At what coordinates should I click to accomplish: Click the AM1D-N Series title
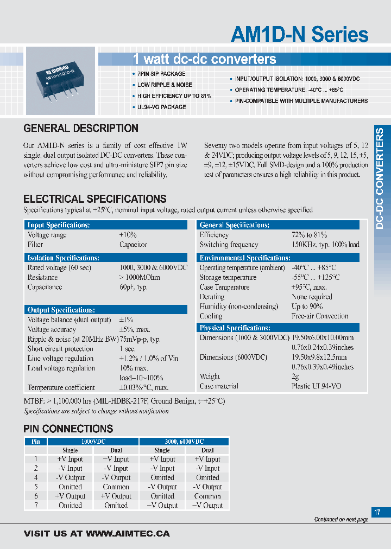click(299, 35)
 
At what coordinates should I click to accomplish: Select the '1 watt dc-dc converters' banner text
click(204, 59)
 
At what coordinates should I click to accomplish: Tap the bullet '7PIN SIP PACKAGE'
click(161, 74)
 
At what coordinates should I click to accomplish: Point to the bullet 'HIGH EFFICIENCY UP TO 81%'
click(174, 96)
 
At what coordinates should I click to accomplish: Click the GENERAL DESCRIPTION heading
click(81, 129)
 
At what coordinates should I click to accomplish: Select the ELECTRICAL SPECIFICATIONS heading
click(94, 199)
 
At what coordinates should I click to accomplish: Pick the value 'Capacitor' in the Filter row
click(133, 245)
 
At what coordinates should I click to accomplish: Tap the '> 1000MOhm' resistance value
click(140, 277)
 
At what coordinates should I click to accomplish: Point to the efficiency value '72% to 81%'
click(309, 235)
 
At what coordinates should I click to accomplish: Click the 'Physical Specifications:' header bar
click(278, 328)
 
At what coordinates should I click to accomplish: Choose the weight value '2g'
click(295, 376)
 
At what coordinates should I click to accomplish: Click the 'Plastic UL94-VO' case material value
click(317, 386)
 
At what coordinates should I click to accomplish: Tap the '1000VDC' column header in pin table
click(93, 442)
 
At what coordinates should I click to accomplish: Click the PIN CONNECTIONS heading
click(68, 429)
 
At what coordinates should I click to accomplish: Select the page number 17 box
click(377, 512)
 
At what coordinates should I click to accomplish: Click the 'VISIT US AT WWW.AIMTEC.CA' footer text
click(97, 534)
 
